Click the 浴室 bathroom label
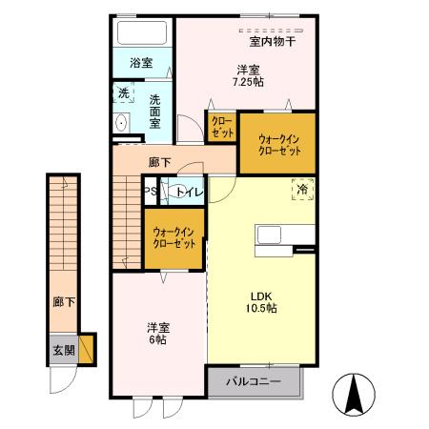[141, 63]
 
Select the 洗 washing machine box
[123, 93]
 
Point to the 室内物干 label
[273, 41]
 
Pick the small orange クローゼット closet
[221, 128]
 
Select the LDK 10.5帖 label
[259, 301]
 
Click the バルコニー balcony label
[254, 381]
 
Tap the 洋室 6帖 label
[157, 333]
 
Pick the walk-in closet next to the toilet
[174, 236]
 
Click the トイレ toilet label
[188, 192]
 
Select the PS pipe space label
[150, 192]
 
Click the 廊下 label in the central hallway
[160, 162]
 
